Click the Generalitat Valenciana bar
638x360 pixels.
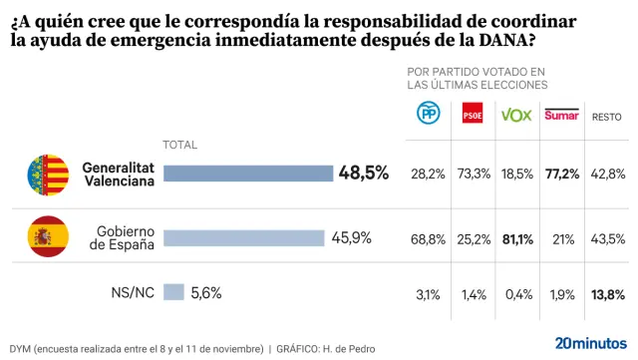pos(247,174)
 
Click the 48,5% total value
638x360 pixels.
pos(364,174)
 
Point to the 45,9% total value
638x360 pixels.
pos(352,237)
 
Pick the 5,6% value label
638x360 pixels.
pos(205,292)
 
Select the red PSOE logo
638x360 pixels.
pos(473,115)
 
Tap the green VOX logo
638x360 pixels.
pos(515,115)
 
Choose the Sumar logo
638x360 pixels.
pos(561,116)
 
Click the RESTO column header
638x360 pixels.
pos(607,117)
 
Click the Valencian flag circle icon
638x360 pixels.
pos(48,175)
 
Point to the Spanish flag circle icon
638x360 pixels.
pos(48,237)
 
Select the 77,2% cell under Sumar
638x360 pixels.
pos(562,174)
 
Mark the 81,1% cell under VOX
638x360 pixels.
pos(516,237)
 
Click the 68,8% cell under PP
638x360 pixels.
pos(429,237)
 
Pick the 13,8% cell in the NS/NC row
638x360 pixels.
pos(608,293)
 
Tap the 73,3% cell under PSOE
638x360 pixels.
pos(473,174)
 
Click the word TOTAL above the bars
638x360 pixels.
pos(179,145)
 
